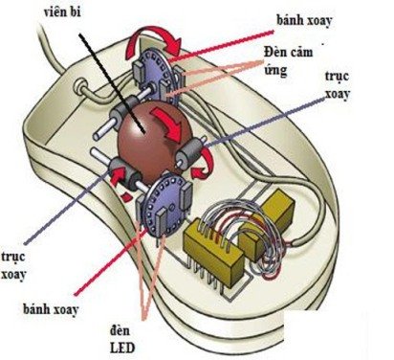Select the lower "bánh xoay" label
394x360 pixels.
tap(59, 310)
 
